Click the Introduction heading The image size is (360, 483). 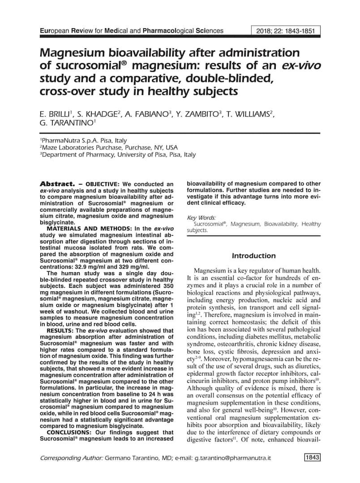[x=253, y=256]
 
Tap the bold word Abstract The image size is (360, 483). [x=57, y=184]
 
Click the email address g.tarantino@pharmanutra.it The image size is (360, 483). [x=233, y=458]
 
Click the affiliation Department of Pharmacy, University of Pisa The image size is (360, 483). [x=118, y=154]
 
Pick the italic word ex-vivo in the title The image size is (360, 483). [x=301, y=66]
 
